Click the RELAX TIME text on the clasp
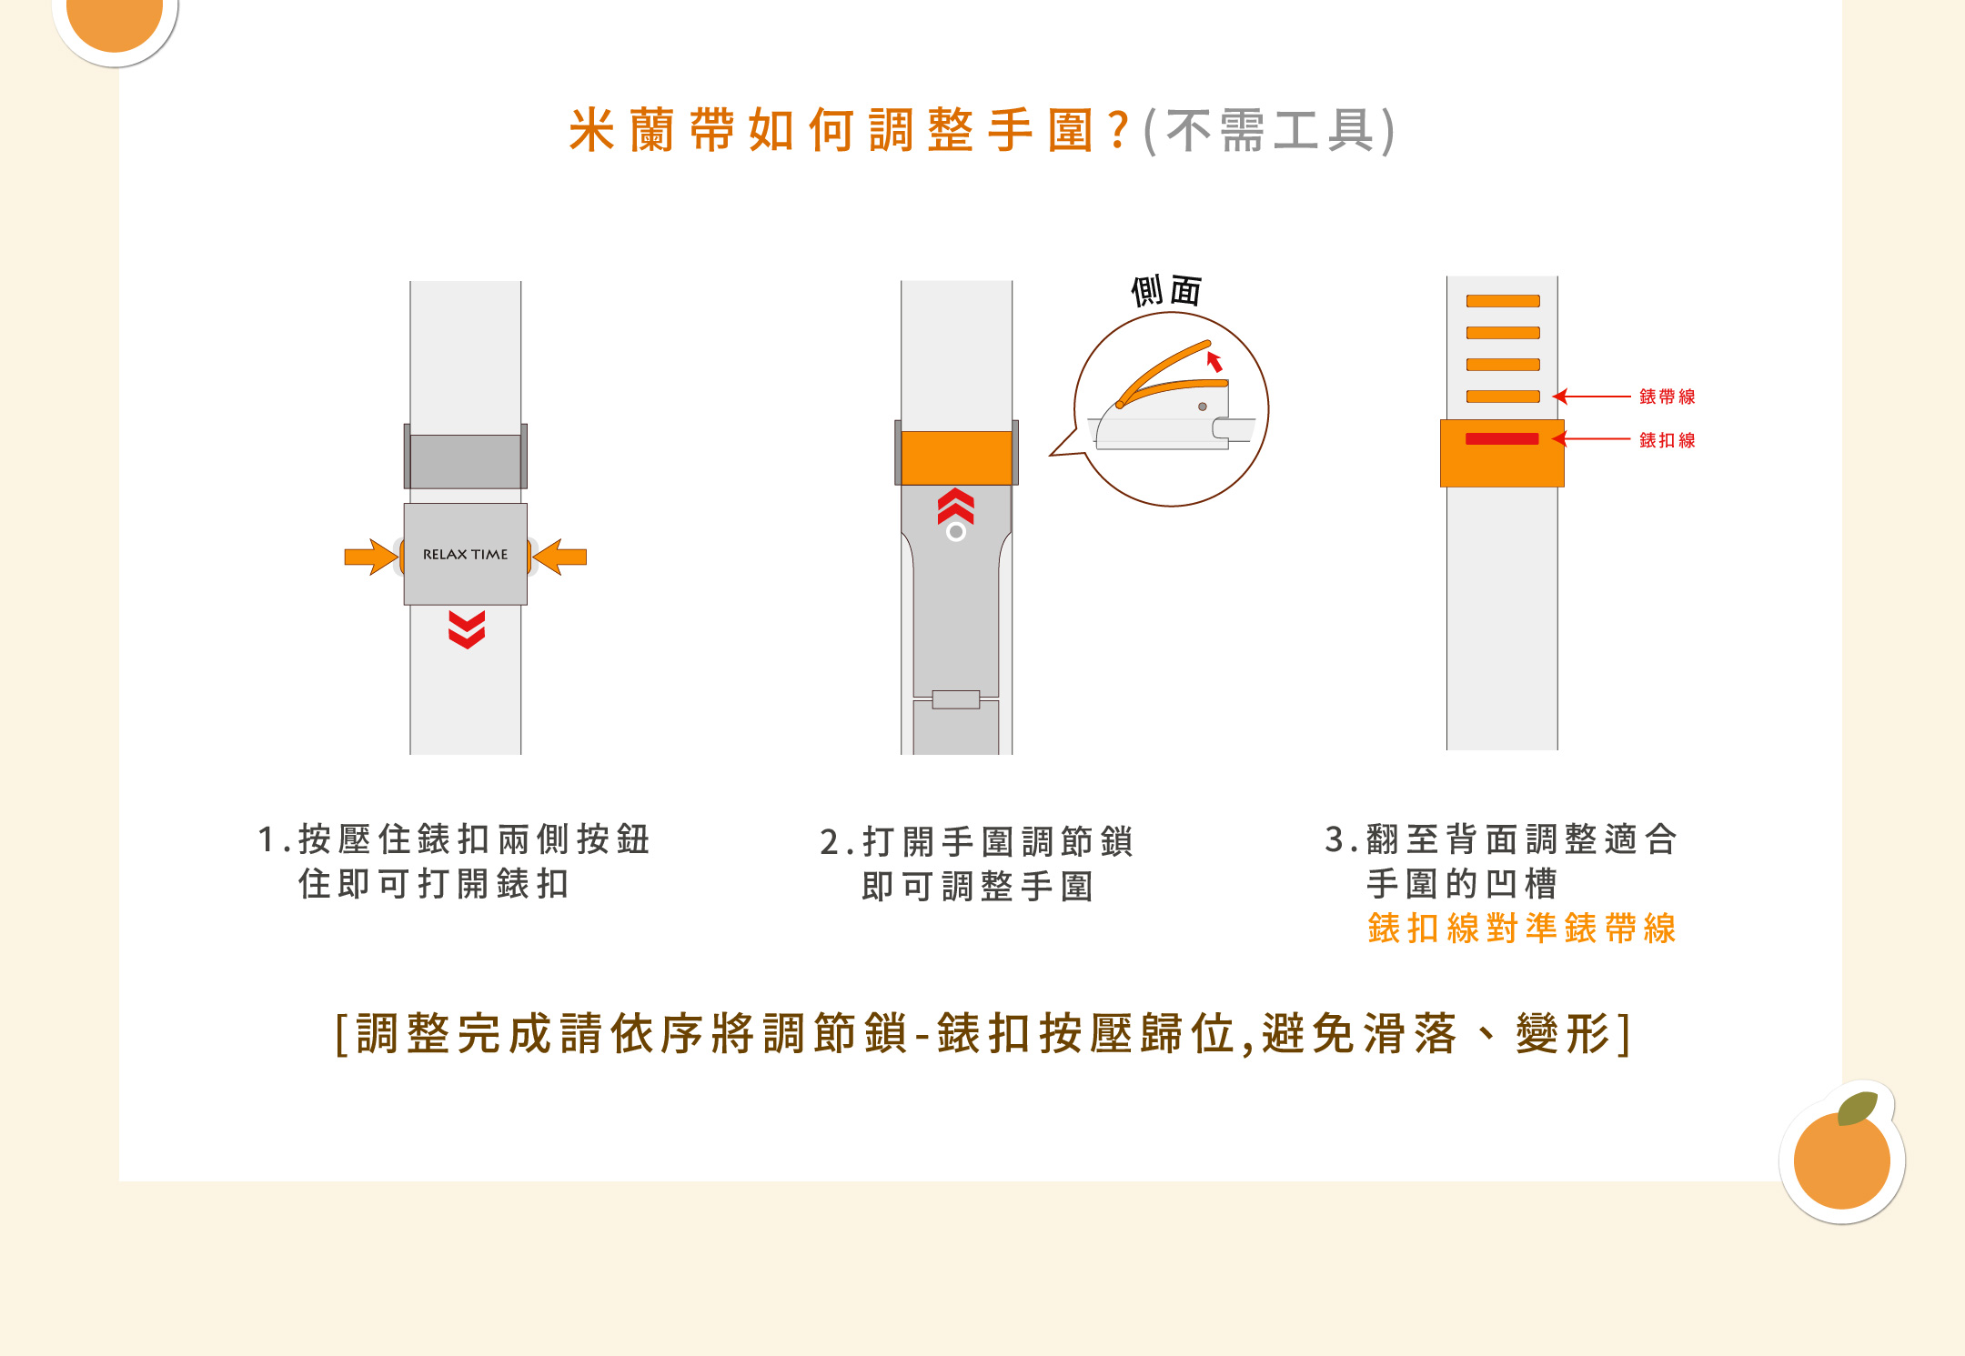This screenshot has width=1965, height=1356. tap(465, 554)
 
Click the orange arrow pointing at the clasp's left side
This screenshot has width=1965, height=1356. tap(371, 557)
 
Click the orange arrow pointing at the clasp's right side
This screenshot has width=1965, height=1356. tap(559, 557)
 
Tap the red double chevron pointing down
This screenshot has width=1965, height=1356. tap(467, 629)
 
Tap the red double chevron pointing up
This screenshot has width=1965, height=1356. tap(956, 507)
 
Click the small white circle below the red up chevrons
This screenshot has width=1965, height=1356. tap(956, 532)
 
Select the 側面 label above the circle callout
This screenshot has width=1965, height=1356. tap(1166, 291)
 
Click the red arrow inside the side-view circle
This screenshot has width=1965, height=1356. tap(1214, 361)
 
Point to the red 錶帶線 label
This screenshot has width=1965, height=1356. tap(1668, 397)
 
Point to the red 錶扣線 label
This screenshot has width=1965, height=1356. tap(1668, 440)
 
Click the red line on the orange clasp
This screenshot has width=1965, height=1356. tap(1502, 439)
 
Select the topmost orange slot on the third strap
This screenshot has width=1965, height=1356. tap(1503, 301)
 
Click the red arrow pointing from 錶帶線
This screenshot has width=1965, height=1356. tap(1591, 397)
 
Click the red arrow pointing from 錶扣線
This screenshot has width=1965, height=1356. tap(1591, 439)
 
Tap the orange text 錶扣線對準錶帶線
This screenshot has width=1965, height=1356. tap(1522, 929)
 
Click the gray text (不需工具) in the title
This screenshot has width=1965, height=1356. tap(1269, 130)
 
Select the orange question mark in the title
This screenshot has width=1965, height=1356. tap(1120, 130)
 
